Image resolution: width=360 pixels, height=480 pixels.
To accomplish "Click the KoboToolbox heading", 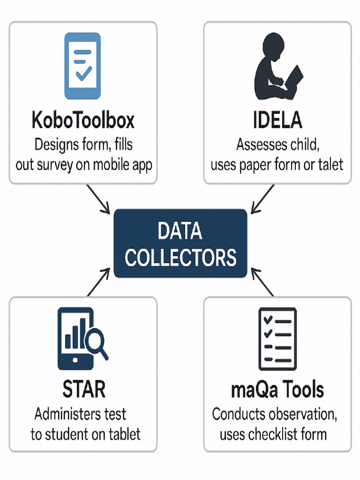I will point(83,120).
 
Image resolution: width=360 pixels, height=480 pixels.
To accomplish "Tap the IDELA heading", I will point(277,120).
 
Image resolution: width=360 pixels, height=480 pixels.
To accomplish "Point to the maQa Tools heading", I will point(277,390).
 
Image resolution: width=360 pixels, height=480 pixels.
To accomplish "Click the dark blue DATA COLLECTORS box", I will point(180,243).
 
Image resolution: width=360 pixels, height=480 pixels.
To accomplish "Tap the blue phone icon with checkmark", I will point(82,66).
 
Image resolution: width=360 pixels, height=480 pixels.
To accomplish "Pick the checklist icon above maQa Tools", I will point(277,339).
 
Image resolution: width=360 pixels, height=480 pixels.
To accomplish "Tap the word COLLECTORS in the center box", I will point(180,257).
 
